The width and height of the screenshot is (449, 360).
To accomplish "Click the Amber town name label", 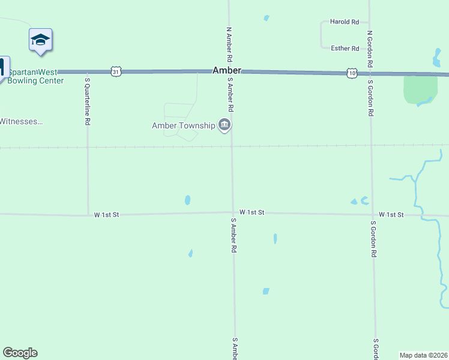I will (227, 70).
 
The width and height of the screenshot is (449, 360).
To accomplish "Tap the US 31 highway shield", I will (116, 71).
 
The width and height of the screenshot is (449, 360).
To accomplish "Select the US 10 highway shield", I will (352, 73).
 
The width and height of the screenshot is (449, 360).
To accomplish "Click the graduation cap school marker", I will (40, 40).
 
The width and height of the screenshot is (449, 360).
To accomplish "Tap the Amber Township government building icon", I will (224, 125).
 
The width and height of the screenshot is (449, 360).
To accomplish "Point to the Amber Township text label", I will (183, 125).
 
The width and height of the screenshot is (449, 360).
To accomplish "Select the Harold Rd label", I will (345, 22).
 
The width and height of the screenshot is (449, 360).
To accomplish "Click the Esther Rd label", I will (345, 49).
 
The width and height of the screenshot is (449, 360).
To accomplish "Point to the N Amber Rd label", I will (229, 45).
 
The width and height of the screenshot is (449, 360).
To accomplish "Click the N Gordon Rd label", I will (370, 49).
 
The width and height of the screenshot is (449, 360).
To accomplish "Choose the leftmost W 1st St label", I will (107, 214).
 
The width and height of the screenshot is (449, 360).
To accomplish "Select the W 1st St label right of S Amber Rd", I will (252, 212).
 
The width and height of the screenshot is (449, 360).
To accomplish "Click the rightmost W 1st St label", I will (391, 214).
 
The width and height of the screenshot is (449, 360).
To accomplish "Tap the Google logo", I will (20, 353).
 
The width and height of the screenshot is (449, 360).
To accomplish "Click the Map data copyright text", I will (423, 355).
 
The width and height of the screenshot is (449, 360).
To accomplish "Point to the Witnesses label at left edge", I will (21, 121).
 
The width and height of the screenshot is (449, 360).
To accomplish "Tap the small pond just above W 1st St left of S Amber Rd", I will (188, 200).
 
